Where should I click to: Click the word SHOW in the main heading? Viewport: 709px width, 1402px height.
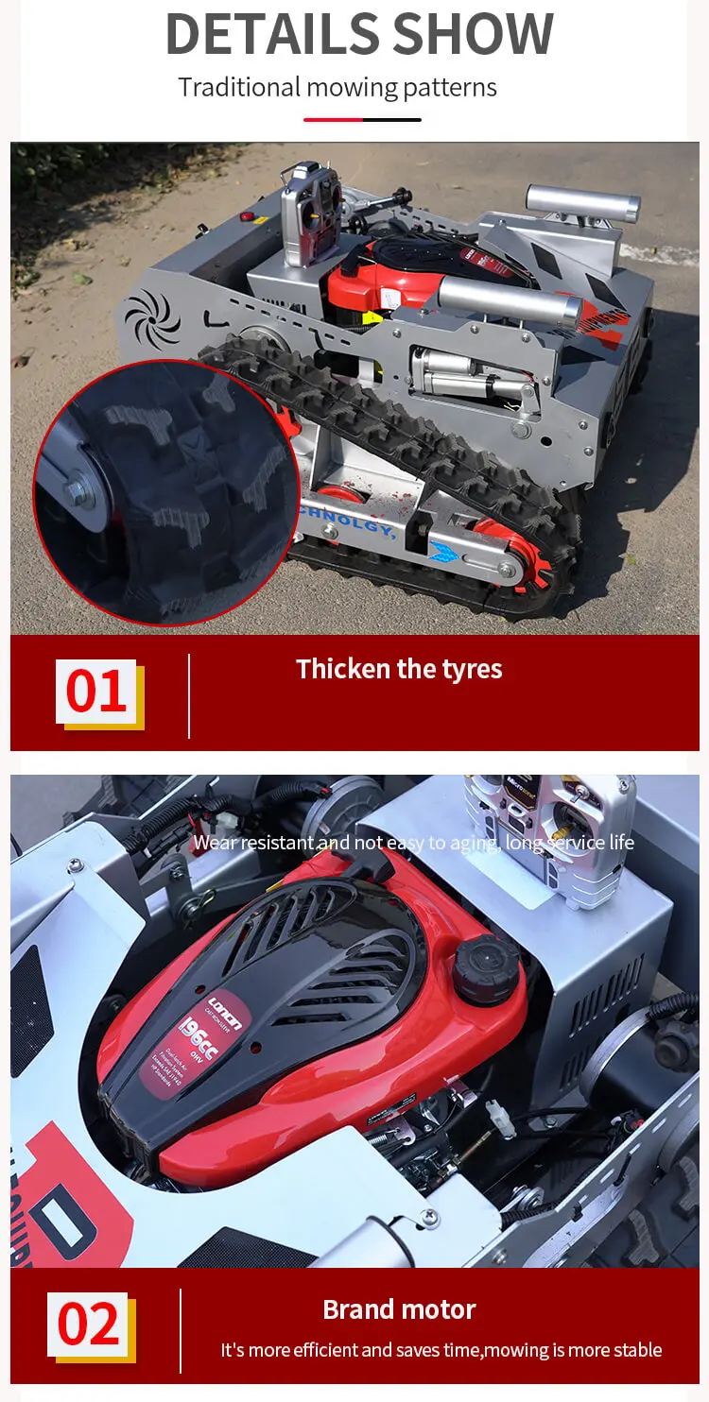(473, 34)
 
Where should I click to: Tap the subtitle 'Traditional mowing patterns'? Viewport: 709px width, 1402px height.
(337, 88)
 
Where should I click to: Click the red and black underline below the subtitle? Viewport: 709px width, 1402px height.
(362, 120)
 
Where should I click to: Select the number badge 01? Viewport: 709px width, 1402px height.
(96, 692)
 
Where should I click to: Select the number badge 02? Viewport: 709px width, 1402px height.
(89, 1325)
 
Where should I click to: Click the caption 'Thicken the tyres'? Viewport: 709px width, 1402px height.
(399, 669)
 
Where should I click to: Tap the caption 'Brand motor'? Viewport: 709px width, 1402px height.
(399, 1309)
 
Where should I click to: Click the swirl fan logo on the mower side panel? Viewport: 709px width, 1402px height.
(151, 317)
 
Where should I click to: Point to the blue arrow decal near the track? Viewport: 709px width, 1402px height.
(443, 551)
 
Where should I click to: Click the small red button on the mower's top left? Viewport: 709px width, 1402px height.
(249, 216)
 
